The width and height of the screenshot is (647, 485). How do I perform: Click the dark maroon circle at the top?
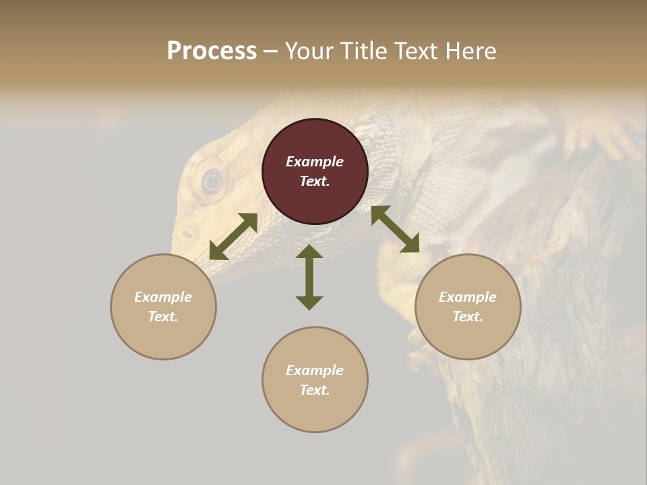315,171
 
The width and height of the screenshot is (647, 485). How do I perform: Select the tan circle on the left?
163,306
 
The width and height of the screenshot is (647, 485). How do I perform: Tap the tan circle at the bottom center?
315,380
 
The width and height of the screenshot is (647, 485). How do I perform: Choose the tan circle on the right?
468,306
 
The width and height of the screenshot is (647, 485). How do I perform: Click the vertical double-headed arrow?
309,277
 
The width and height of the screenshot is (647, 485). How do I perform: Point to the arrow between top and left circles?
233,236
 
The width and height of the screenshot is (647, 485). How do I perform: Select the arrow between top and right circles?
395,229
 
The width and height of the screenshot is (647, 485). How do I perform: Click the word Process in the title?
212,51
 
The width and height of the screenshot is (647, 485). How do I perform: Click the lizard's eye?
212,180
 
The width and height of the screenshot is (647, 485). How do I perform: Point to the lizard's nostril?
187,233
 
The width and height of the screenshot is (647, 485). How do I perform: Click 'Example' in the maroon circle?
315,162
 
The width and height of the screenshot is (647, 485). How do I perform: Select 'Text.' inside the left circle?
163,317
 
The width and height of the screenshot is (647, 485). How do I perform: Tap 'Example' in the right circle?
468,297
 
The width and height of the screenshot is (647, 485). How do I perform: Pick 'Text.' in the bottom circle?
315,390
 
